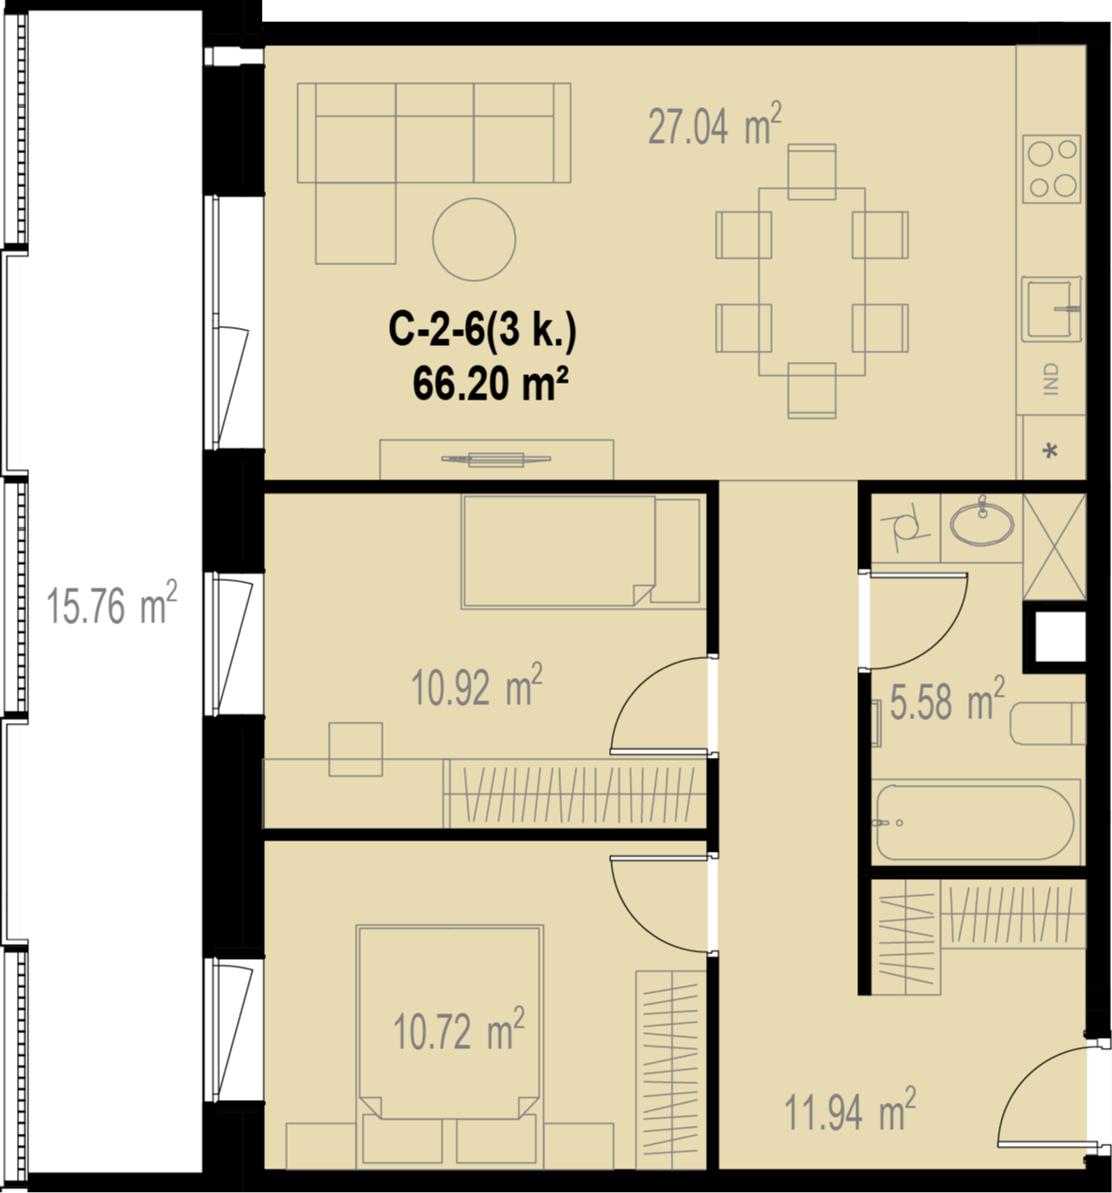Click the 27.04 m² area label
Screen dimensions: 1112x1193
click(715, 124)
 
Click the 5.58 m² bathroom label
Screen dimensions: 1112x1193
click(947, 699)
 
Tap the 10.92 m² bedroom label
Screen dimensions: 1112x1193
click(477, 685)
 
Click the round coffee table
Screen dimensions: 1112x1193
click(474, 239)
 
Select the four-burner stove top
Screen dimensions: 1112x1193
click(1051, 169)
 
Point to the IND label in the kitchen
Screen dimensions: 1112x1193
click(1051, 379)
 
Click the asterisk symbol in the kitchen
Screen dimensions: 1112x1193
click(1050, 450)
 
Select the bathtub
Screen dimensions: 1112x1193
click(976, 823)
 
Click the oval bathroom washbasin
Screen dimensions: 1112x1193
click(982, 525)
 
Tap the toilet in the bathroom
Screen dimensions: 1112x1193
click(1048, 724)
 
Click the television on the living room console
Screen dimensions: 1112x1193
click(496, 460)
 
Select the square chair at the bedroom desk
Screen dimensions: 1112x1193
click(355, 749)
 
